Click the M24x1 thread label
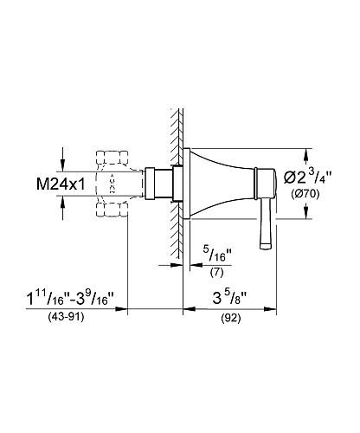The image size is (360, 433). pyautogui.click(x=61, y=184)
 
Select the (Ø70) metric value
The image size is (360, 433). pyautogui.click(x=305, y=194)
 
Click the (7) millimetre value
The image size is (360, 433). pyautogui.click(x=216, y=272)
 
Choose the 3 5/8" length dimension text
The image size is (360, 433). pyautogui.click(x=230, y=299)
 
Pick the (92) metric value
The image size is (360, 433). pyautogui.click(x=231, y=318)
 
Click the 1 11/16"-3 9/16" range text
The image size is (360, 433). pyautogui.click(x=71, y=298)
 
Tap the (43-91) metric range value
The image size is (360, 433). pyautogui.click(x=66, y=317)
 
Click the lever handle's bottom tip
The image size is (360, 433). pyautogui.click(x=266, y=246)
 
